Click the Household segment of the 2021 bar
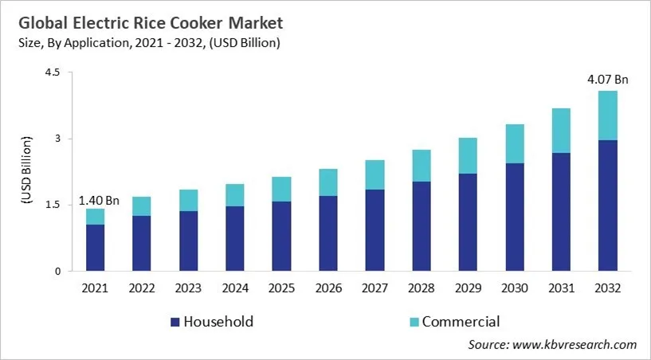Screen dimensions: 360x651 95,248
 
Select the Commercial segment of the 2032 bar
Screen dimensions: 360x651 607,115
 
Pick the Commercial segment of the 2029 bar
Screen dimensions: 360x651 468,155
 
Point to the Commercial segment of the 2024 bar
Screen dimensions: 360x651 234,195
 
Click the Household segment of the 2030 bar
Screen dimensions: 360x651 514,217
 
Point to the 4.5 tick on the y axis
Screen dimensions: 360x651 52,72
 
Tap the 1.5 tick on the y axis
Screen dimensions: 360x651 52,205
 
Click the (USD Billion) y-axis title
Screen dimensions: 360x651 26,171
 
